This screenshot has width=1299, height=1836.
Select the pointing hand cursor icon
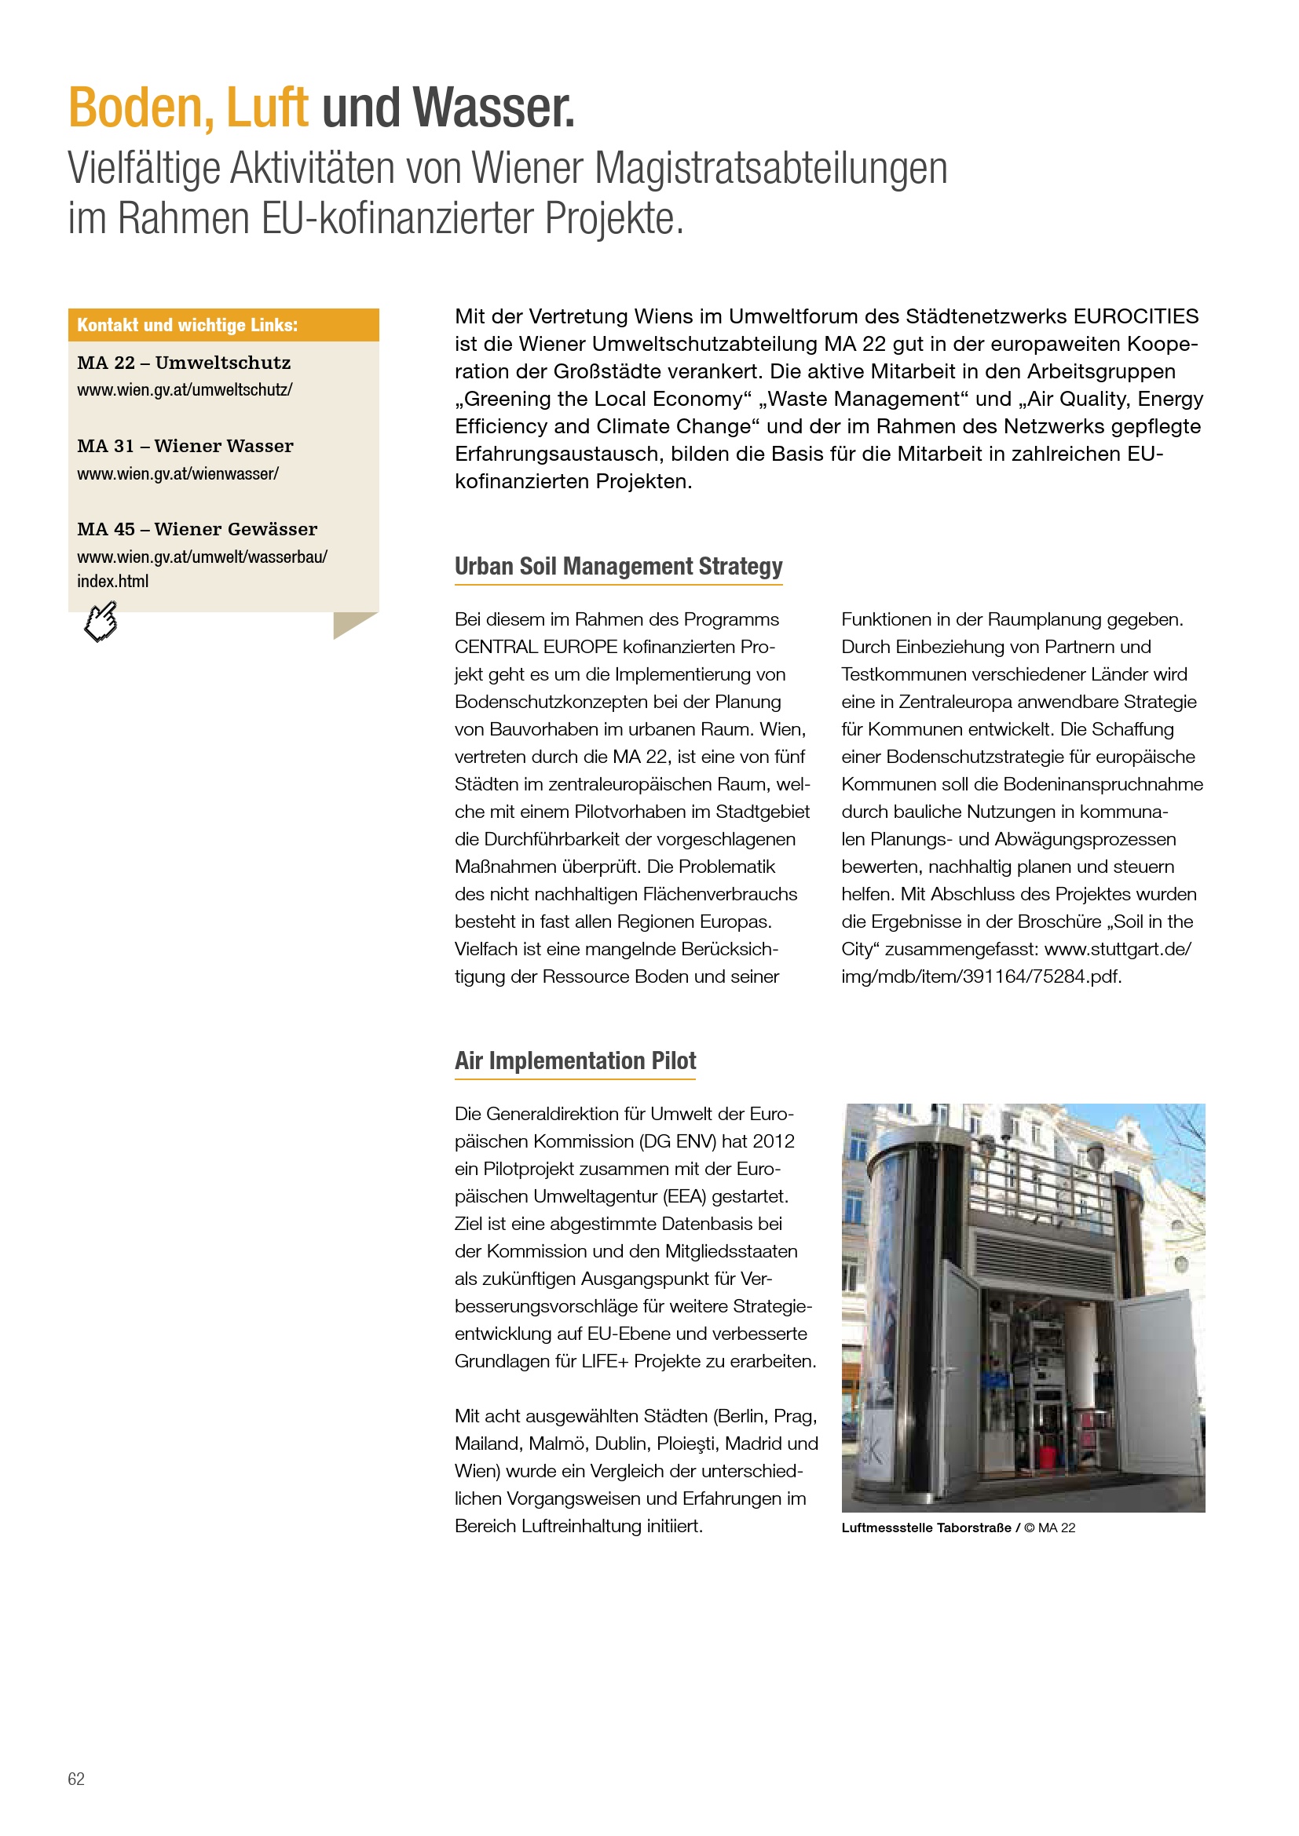pyautogui.click(x=101, y=622)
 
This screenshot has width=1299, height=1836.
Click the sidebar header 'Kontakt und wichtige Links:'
pyautogui.click(x=187, y=326)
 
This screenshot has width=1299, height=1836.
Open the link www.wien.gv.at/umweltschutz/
pyautogui.click(x=185, y=390)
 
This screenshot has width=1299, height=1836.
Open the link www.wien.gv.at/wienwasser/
pyautogui.click(x=177, y=473)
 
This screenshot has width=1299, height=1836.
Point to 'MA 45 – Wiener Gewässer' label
pyautogui.click(x=197, y=529)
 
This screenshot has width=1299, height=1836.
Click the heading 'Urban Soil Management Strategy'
pyautogui.click(x=618, y=566)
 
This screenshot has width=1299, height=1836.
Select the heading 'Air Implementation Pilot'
pyautogui.click(x=575, y=1060)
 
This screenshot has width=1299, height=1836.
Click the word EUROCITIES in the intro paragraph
pyautogui.click(x=1136, y=316)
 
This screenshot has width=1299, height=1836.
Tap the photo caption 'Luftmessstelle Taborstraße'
pyautogui.click(x=925, y=1528)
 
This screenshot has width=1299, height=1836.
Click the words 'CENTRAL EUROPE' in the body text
pyautogui.click(x=536, y=647)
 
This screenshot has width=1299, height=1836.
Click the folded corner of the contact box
pyautogui.click(x=354, y=625)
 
